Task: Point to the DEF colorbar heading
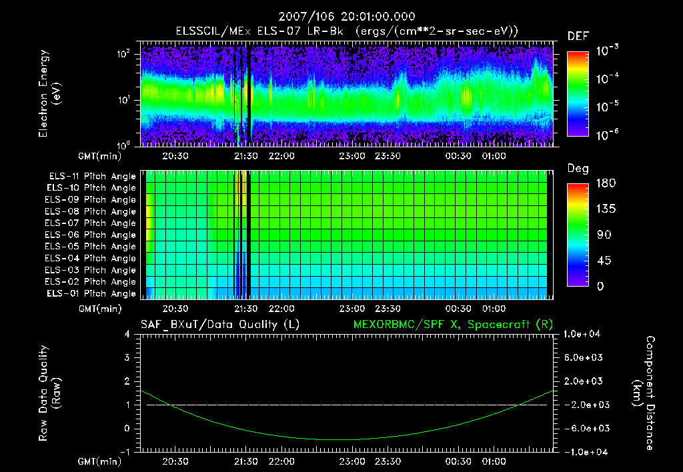tap(578, 37)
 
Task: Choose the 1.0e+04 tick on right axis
tap(584, 334)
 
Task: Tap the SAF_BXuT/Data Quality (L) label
tap(219, 325)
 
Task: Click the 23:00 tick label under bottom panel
tap(352, 461)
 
